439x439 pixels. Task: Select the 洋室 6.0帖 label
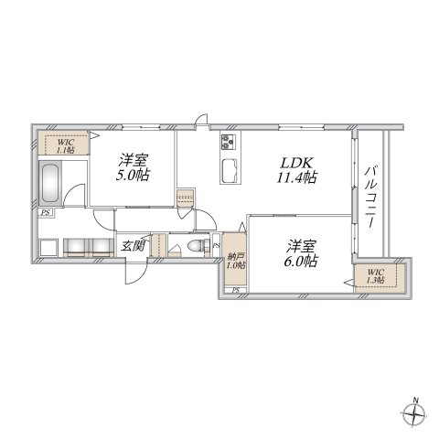pos(299,252)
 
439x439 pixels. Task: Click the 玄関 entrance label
pos(127,247)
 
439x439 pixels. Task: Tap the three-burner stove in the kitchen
pos(227,142)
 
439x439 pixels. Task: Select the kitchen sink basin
pos(230,170)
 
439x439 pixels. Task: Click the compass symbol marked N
pos(415,416)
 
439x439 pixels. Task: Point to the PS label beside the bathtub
pos(45,213)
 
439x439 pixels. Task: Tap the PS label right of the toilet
pos(216,247)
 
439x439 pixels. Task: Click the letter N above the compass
pos(415,399)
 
